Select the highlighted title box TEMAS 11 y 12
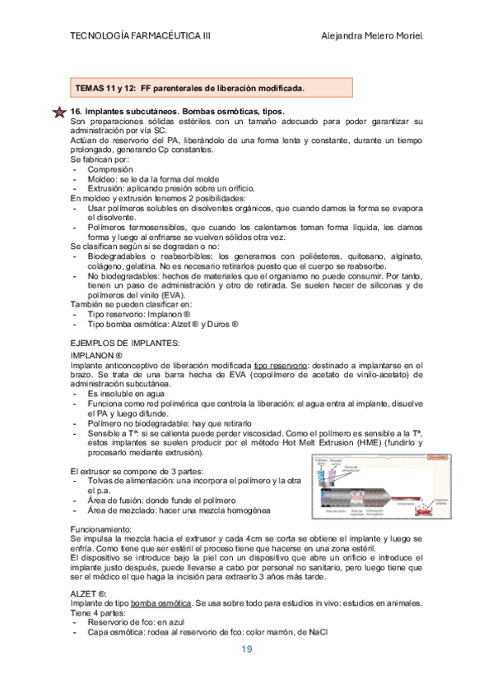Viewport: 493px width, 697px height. [210, 87]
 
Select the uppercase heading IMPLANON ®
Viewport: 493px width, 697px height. [96, 354]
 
